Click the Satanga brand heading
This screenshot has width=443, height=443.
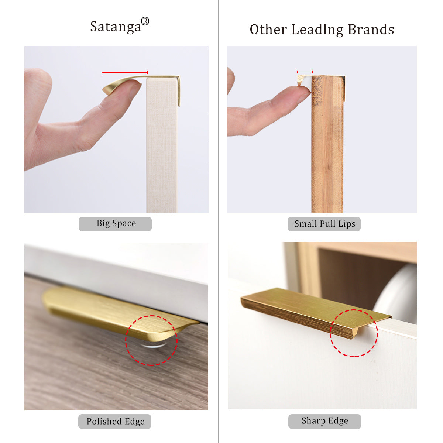(116, 27)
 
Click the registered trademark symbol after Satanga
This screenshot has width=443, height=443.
(145, 21)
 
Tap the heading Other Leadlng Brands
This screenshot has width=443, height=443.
(322, 30)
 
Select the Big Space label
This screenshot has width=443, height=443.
(115, 224)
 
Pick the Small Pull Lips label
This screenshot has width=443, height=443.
(324, 224)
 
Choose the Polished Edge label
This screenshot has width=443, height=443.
(115, 421)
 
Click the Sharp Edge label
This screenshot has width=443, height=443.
(324, 421)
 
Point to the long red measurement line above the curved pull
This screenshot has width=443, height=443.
(125, 73)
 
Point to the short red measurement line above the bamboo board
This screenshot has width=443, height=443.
(305, 72)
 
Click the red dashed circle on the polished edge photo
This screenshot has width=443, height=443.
(151, 340)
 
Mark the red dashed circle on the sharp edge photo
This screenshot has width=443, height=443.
(354, 333)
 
